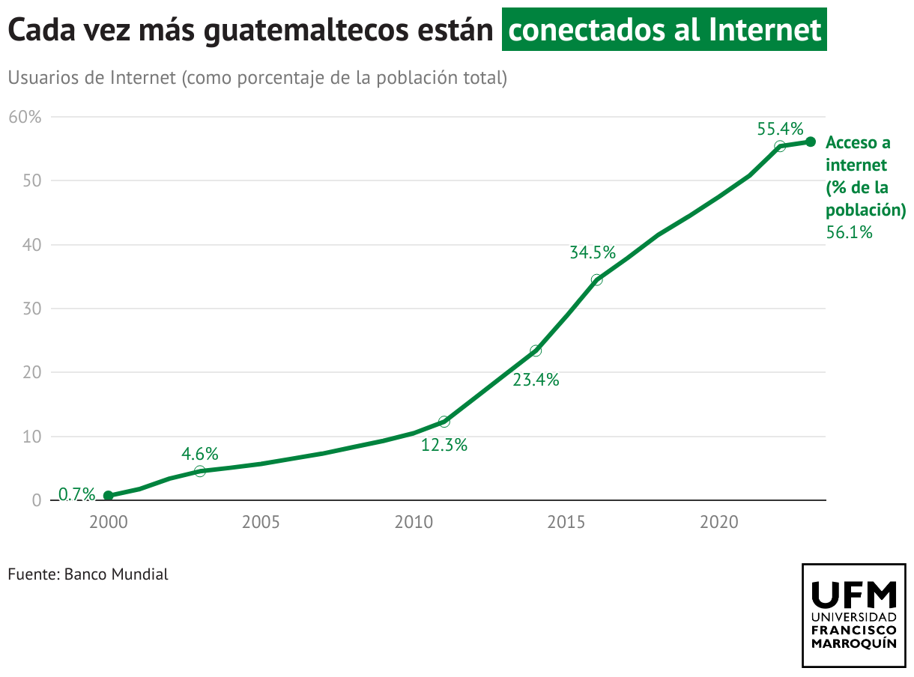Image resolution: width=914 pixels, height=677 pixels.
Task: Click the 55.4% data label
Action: click(780, 128)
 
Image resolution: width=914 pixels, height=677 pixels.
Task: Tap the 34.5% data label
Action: click(593, 252)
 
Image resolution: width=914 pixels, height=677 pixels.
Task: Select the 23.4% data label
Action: click(536, 380)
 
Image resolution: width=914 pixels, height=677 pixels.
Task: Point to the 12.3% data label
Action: click(444, 445)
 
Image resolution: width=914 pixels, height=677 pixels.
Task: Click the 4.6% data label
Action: click(200, 453)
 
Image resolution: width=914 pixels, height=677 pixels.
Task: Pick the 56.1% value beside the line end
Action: click(850, 232)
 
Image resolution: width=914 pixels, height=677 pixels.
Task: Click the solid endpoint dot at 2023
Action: click(811, 142)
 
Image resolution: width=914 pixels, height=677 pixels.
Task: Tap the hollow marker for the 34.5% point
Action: click(596, 280)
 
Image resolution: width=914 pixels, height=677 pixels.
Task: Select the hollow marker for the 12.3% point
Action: click(444, 422)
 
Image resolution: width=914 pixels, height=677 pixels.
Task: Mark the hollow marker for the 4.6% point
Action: click(199, 471)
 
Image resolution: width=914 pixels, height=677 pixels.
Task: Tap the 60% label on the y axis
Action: click(25, 117)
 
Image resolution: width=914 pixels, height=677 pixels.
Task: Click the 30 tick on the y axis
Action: click(31, 309)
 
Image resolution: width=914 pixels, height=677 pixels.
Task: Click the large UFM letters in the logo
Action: click(854, 595)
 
